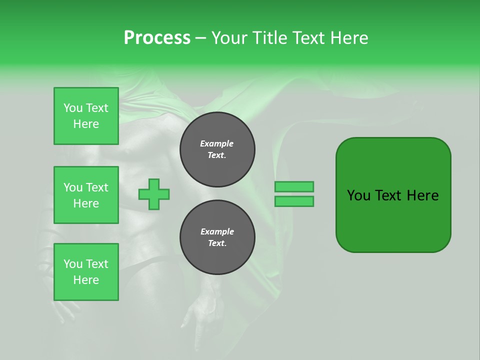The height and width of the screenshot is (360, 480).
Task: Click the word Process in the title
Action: click(157, 38)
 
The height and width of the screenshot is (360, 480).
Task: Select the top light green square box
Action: click(86, 116)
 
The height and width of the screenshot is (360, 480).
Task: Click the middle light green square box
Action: click(86, 195)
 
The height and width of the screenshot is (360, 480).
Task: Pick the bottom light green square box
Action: click(86, 272)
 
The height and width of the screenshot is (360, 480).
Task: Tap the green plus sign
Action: click(154, 194)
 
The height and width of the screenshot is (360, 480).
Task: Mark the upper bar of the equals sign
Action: click(294, 186)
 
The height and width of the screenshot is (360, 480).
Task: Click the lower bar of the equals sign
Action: click(294, 201)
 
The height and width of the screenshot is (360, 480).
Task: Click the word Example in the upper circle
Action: click(217, 143)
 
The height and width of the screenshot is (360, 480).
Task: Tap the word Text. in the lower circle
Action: click(217, 243)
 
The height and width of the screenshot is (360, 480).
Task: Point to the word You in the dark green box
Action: click(358, 195)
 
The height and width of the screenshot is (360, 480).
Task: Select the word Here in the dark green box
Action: click(422, 195)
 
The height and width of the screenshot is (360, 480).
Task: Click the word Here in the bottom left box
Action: click(86, 280)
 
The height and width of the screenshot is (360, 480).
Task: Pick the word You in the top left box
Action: click(73, 108)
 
